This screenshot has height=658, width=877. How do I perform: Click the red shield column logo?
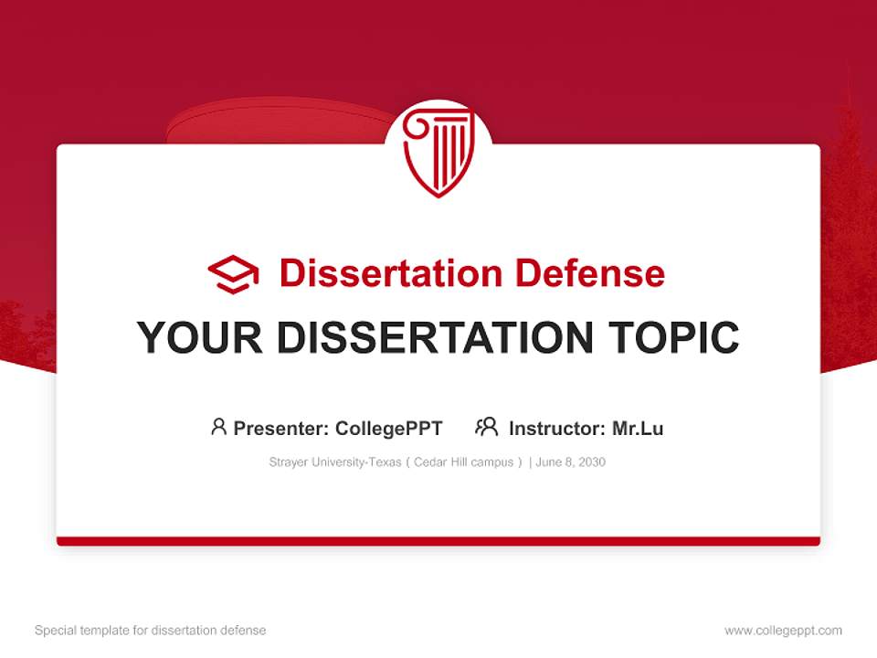pyautogui.click(x=438, y=152)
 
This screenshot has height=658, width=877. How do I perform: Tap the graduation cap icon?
pyautogui.click(x=233, y=274)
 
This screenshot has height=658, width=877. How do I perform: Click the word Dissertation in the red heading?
pyautogui.click(x=390, y=273)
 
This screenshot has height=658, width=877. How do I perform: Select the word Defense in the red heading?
pyautogui.click(x=589, y=273)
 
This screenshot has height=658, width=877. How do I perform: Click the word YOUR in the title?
pyautogui.click(x=200, y=338)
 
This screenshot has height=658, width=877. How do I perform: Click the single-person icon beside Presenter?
pyautogui.click(x=218, y=427)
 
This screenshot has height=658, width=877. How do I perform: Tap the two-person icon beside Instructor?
pyautogui.click(x=487, y=427)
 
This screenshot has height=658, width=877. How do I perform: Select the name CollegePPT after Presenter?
pyautogui.click(x=389, y=429)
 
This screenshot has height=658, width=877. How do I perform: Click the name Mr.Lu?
pyautogui.click(x=638, y=429)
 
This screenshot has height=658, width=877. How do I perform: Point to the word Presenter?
pyautogui.click(x=281, y=429)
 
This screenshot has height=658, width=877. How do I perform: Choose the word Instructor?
pyautogui.click(x=555, y=429)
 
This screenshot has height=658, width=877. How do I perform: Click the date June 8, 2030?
pyautogui.click(x=571, y=462)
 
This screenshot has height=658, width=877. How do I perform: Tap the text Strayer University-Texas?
pyautogui.click(x=334, y=462)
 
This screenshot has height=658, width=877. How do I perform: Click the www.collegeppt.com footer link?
pyautogui.click(x=783, y=631)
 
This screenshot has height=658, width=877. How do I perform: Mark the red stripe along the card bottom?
pyautogui.click(x=438, y=541)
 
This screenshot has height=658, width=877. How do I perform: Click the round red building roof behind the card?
pyautogui.click(x=274, y=124)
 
